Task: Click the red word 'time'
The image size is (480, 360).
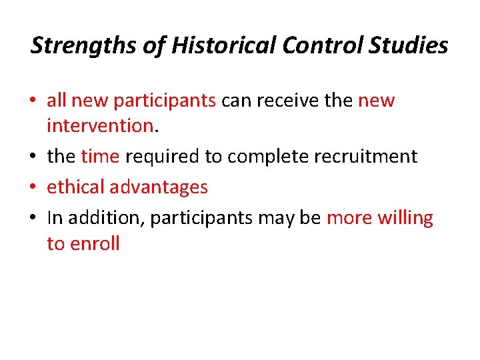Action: [100, 157]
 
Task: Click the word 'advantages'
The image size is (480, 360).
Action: [163, 187]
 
